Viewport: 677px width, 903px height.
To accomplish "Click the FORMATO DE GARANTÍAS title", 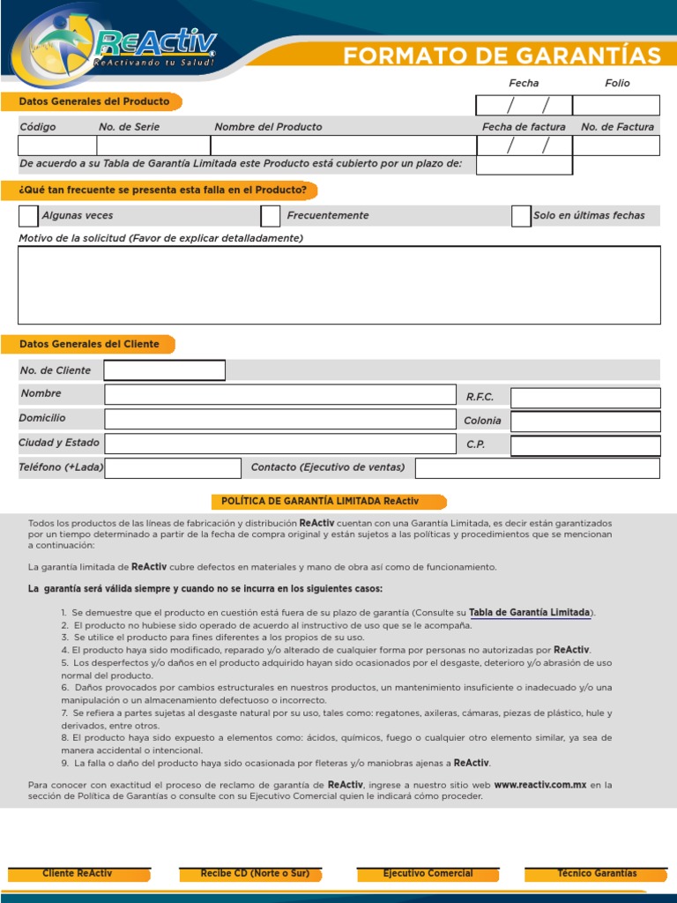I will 502,56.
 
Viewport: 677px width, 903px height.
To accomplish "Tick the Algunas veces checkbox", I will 28,216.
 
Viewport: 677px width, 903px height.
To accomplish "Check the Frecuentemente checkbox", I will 271,216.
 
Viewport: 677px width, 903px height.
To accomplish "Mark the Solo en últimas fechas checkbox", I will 521,216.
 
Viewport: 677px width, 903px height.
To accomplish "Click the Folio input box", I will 615,106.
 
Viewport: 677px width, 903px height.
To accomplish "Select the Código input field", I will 57,146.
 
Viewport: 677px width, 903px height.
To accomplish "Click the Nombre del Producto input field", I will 343,146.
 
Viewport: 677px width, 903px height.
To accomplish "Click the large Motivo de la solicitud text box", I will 338,285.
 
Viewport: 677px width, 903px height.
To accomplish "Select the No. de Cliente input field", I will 165,370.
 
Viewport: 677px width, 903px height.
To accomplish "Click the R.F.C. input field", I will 585,398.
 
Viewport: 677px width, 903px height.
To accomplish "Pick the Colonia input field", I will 585,422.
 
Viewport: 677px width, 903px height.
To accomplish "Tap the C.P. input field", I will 585,445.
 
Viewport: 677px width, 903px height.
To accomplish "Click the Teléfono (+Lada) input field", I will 173,468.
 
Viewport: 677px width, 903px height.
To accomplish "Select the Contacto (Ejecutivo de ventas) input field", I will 537,468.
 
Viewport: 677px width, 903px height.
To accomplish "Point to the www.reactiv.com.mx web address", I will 539,784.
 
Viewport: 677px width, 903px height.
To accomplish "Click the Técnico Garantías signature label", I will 597,874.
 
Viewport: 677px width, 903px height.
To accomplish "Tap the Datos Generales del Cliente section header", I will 89,344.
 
